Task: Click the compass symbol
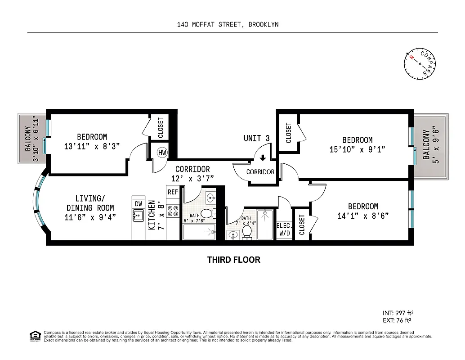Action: click(x=420, y=64)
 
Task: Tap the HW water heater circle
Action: click(x=161, y=153)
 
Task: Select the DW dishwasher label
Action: click(x=139, y=204)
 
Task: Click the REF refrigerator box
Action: click(x=173, y=192)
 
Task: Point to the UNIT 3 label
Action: click(x=256, y=138)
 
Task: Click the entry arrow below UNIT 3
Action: click(x=263, y=158)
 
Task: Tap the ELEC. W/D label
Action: click(x=283, y=229)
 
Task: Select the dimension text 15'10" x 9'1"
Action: click(x=357, y=149)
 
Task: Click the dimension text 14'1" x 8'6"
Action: click(x=362, y=216)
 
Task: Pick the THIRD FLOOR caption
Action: click(x=233, y=260)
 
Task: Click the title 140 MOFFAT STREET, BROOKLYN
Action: click(x=228, y=25)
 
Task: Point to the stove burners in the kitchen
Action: click(x=173, y=211)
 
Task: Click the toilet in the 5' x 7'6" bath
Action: click(x=206, y=213)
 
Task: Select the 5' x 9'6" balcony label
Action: click(x=430, y=145)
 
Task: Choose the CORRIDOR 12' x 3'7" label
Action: click(x=192, y=174)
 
